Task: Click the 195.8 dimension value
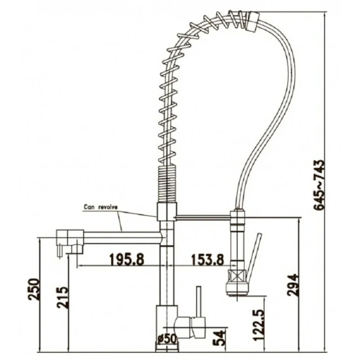click(127, 259)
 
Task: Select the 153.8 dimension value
click(208, 260)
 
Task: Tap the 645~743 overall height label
click(319, 185)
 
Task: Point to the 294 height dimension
click(293, 285)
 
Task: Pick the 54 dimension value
click(218, 338)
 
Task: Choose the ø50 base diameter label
click(167, 338)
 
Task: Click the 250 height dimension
click(34, 289)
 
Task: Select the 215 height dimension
click(62, 298)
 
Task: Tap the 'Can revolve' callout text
click(101, 207)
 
